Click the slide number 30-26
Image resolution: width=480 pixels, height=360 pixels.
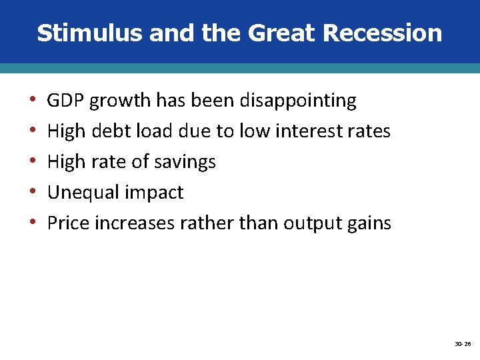click(463, 344)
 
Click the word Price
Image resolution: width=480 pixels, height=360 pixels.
click(68, 223)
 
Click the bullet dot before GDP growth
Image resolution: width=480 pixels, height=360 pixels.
click(33, 101)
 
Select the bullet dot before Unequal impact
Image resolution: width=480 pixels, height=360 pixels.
click(33, 193)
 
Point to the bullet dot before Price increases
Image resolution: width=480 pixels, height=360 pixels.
click(33, 224)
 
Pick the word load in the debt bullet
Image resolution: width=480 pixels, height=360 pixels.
click(153, 131)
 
